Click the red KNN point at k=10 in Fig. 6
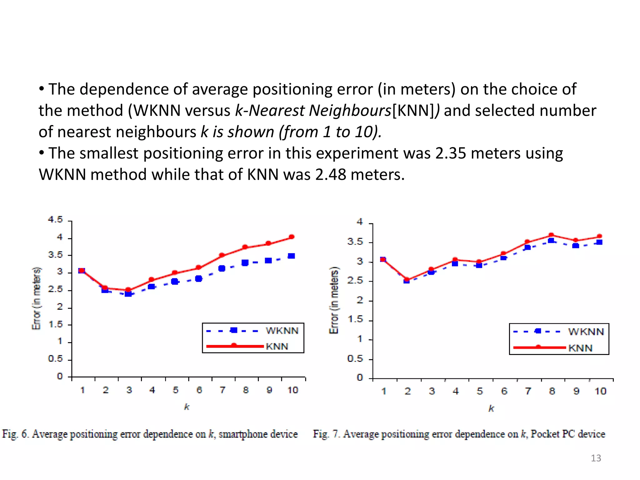(x=292, y=237)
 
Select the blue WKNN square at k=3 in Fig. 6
(x=128, y=294)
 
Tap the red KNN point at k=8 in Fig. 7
(x=551, y=235)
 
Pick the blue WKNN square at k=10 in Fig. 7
(x=599, y=242)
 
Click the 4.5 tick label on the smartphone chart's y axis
(x=55, y=220)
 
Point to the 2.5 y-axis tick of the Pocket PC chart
(x=355, y=281)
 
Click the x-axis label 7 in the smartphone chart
(x=222, y=390)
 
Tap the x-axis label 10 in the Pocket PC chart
(x=600, y=391)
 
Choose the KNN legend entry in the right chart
(x=580, y=348)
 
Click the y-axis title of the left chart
(x=37, y=298)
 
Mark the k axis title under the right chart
(x=491, y=408)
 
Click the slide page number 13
(x=596, y=458)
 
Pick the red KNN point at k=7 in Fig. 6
(x=222, y=255)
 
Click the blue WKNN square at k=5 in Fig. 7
(x=479, y=265)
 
